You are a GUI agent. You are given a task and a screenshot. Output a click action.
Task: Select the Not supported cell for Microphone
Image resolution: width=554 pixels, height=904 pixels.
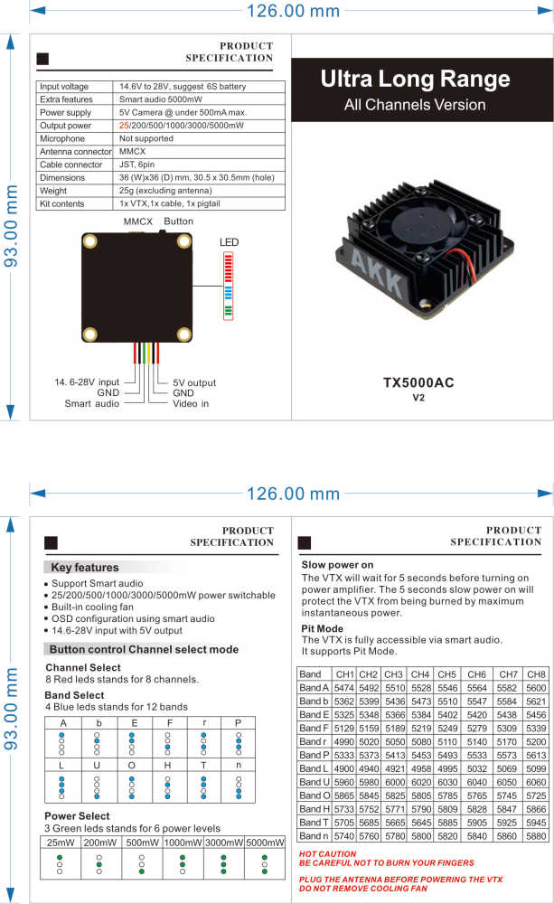coord(146,138)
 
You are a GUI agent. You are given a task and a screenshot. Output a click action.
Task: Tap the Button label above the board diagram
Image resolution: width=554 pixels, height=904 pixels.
coord(178,221)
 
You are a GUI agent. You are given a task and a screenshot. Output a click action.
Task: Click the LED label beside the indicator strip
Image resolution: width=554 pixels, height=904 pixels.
coord(229,243)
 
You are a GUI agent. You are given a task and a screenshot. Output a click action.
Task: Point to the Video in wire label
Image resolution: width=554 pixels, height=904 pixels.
coord(191,403)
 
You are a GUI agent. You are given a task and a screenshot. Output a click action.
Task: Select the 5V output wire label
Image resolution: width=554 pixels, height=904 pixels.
coord(194,382)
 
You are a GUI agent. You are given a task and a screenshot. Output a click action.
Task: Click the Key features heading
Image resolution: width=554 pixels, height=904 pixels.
coord(84,568)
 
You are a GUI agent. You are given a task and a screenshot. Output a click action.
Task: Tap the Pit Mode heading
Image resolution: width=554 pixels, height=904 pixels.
coord(322,627)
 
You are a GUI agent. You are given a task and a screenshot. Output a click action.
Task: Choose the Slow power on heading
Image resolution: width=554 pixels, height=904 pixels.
coord(337,565)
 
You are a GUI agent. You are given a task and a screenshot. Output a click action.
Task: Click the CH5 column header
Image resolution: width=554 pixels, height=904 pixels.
coord(446,674)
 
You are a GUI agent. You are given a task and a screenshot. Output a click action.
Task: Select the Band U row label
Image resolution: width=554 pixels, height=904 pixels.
coord(315,782)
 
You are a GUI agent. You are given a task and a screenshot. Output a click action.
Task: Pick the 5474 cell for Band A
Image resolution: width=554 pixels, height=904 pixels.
coord(343,688)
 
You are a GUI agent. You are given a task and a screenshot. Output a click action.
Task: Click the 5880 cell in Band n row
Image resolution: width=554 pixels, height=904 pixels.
coord(535,836)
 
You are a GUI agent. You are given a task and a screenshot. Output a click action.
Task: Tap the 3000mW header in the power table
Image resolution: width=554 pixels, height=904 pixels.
coord(222,842)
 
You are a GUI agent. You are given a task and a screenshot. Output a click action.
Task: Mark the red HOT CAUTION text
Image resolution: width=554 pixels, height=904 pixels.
coord(327,853)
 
